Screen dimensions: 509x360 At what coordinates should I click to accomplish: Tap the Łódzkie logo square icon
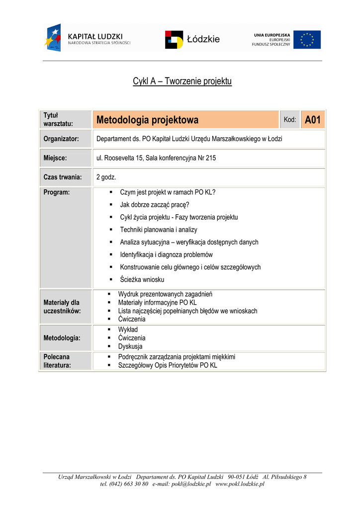pos(174,40)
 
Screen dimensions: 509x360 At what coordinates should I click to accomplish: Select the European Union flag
pos(307,40)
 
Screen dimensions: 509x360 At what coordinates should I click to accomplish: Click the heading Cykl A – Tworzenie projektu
pos(182,81)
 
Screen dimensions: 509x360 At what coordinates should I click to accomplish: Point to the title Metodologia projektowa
pos(147,120)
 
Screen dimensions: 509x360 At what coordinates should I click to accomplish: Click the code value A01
pos(312,120)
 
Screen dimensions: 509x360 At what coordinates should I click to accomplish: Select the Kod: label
pos(290,120)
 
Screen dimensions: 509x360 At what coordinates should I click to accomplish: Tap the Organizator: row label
pos(62,139)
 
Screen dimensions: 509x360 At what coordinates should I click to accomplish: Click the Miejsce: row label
pos(55,158)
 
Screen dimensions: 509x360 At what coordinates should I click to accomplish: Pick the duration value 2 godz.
pos(106,177)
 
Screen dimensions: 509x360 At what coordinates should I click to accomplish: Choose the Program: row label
pos(57,192)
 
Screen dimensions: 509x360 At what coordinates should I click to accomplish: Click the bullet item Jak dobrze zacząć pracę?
pos(155,204)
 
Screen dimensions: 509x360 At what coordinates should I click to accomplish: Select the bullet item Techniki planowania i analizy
pos(159,230)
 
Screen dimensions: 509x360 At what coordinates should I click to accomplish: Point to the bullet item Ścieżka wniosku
pos(142,280)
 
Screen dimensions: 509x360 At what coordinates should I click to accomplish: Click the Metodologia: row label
pos(62,338)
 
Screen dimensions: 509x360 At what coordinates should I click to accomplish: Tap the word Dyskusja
pos(130,346)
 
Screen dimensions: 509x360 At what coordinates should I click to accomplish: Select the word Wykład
pos(128,330)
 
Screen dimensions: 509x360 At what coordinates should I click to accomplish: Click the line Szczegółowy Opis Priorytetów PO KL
pos(168,365)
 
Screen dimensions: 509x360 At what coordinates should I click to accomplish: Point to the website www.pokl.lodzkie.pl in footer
pos(240,484)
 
